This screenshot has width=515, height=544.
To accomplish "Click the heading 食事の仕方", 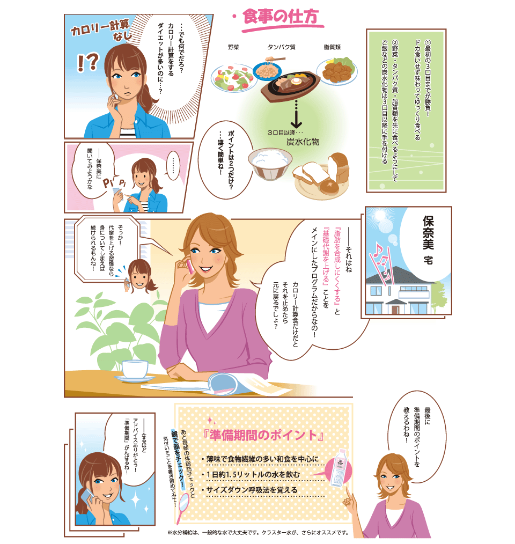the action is (281, 17).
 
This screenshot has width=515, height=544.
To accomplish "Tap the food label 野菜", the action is (233, 47).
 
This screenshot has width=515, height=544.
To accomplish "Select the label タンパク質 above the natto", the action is (282, 47).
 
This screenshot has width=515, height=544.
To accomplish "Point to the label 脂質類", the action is (333, 47).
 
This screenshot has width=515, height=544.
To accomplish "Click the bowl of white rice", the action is (270, 163).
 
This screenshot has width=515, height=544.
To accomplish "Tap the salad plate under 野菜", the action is (234, 78).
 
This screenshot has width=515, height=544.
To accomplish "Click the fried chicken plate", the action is (337, 71).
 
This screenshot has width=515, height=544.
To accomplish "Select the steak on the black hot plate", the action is (288, 85).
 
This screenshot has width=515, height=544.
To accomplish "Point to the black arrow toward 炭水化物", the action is (296, 114).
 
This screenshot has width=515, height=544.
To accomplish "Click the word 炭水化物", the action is (303, 142).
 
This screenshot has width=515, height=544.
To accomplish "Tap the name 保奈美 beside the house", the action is (428, 233).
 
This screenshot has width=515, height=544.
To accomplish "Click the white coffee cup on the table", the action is (135, 370).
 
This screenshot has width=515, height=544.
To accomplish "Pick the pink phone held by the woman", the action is (190, 266).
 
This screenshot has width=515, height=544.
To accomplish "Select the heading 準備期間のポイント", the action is (263, 435).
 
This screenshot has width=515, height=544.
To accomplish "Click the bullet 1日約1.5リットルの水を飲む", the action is (253, 474).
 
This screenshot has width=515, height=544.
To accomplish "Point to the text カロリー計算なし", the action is (101, 29).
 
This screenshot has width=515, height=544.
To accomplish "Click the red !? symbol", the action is (88, 62).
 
